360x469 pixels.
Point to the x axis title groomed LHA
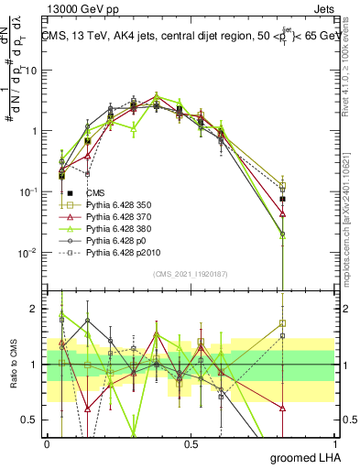pyautogui.click(x=302, y=456)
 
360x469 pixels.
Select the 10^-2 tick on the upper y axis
pyautogui.click(x=30, y=252)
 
